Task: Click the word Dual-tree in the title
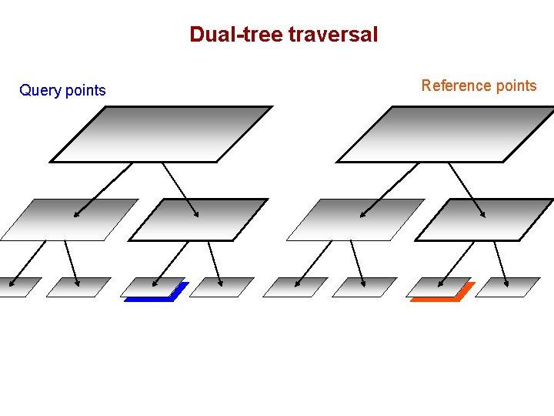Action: click(236, 35)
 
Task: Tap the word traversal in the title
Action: click(333, 35)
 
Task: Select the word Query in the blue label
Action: click(40, 91)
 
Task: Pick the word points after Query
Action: click(85, 91)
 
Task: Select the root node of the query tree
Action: click(162, 134)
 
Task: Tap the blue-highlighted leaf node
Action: click(154, 287)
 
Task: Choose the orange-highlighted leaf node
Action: click(440, 287)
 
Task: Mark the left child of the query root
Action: click(70, 220)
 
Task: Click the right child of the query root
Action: click(199, 220)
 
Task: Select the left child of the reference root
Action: click(356, 220)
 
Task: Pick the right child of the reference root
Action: click(485, 220)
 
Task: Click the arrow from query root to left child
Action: click(103, 190)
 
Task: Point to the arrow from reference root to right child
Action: click(467, 190)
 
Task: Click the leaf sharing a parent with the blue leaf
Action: click(222, 287)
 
